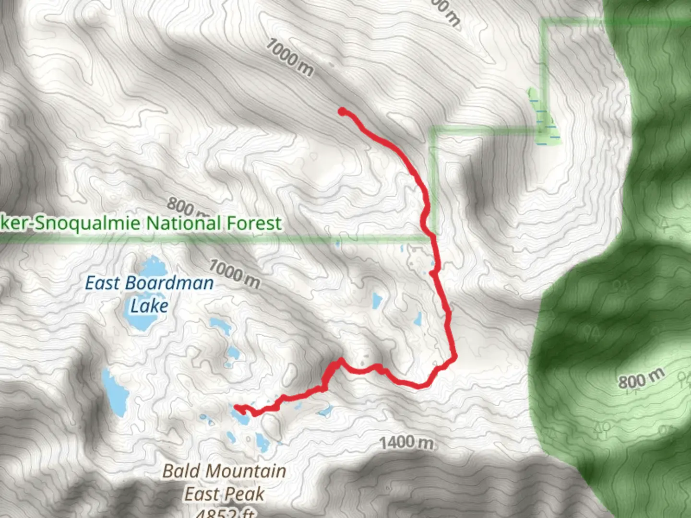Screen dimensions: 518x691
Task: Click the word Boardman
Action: pyautogui.click(x=169, y=283)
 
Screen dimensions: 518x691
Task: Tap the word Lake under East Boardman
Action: pyautogui.click(x=149, y=306)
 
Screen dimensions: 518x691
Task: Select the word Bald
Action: pyautogui.click(x=182, y=471)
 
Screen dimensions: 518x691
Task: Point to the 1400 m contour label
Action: pyautogui.click(x=407, y=442)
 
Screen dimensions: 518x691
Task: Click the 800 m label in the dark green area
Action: pyautogui.click(x=641, y=379)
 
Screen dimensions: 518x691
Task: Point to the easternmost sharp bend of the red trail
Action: pyautogui.click(x=453, y=357)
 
